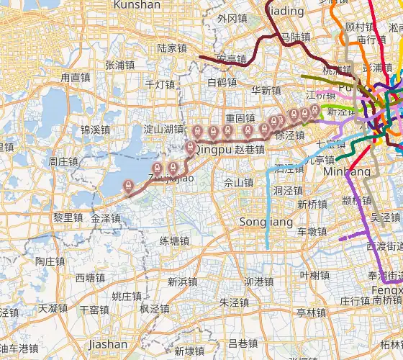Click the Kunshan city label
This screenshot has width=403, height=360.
(137, 5)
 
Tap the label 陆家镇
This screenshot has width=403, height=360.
(172, 49)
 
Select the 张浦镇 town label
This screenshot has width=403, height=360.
(119, 65)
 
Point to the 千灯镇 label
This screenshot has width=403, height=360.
(160, 84)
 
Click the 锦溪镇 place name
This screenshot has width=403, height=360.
(95, 130)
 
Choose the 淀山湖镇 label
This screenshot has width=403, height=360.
(163, 130)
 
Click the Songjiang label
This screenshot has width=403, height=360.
(256, 221)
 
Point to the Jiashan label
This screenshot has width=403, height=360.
(107, 344)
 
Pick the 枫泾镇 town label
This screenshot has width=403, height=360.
(154, 309)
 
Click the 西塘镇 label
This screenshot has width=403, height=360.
(90, 278)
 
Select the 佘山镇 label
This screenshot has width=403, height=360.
(239, 183)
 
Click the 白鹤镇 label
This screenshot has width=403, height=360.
(222, 82)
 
